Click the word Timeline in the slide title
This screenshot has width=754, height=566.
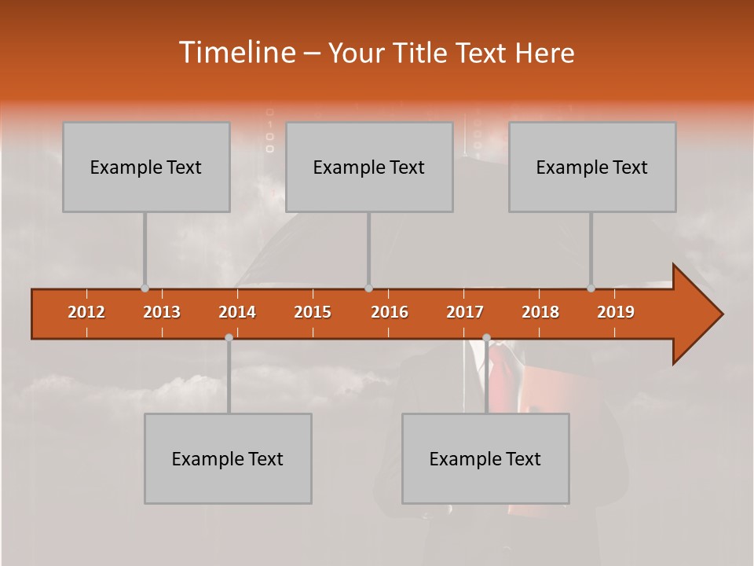coord(236,53)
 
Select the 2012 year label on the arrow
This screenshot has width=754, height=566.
coord(86,312)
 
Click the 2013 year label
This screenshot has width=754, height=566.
coord(162,312)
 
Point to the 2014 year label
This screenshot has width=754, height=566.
coord(237,312)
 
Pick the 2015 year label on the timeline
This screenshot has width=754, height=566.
coord(313,312)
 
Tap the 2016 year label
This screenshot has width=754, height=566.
coord(390,312)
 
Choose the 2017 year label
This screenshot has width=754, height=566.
coord(465,312)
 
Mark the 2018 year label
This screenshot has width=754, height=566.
coord(540,312)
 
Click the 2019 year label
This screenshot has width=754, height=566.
coord(616,312)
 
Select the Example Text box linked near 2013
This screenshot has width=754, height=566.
coord(146,167)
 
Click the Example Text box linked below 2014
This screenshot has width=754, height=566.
coord(228,458)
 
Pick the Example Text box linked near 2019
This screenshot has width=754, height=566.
coord(592,167)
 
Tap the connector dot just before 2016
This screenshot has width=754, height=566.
coord(368,289)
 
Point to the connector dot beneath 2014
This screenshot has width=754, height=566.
coord(229,338)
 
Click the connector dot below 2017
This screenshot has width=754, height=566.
coord(486,338)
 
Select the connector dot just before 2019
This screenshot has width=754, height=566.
coord(591,289)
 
